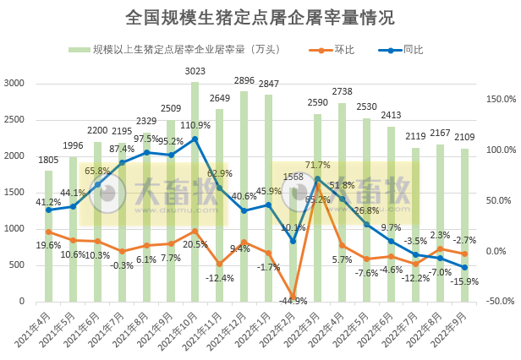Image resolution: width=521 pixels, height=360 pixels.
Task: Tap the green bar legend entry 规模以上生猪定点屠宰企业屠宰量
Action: coord(186,50)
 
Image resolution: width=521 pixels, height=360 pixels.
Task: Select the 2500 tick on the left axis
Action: coord(14,119)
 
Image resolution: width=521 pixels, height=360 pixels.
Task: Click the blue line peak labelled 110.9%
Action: coord(195,139)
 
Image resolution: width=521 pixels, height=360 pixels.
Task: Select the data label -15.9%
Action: coord(465,281)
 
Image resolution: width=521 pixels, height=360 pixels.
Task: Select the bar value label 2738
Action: coord(342,91)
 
